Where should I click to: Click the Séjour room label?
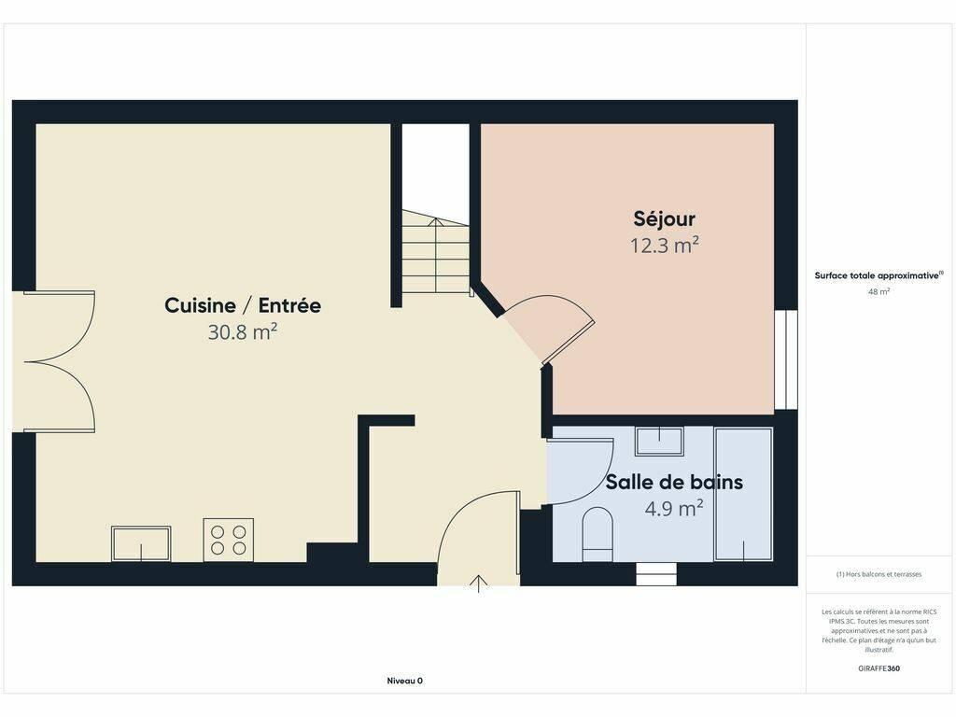(x=664, y=218)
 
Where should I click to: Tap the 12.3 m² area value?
(x=664, y=246)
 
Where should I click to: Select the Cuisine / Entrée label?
(x=243, y=305)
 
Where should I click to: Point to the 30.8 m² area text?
(x=243, y=331)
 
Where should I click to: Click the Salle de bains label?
(x=674, y=482)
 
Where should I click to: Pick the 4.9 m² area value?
(x=674, y=508)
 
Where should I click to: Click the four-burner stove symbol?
(x=229, y=540)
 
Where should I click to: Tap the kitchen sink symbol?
(x=141, y=543)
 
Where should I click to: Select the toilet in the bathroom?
(x=597, y=533)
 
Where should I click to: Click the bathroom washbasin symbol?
(x=658, y=441)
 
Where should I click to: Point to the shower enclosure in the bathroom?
(x=743, y=494)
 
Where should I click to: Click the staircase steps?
(x=435, y=252)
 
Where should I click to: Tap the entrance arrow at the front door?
(x=479, y=583)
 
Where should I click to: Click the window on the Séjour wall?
(x=786, y=359)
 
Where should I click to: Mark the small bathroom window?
(x=656, y=574)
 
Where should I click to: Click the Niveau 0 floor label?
(x=405, y=681)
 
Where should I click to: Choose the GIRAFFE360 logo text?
(x=879, y=668)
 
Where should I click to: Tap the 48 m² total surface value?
(x=879, y=291)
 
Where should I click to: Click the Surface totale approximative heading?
(x=879, y=275)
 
